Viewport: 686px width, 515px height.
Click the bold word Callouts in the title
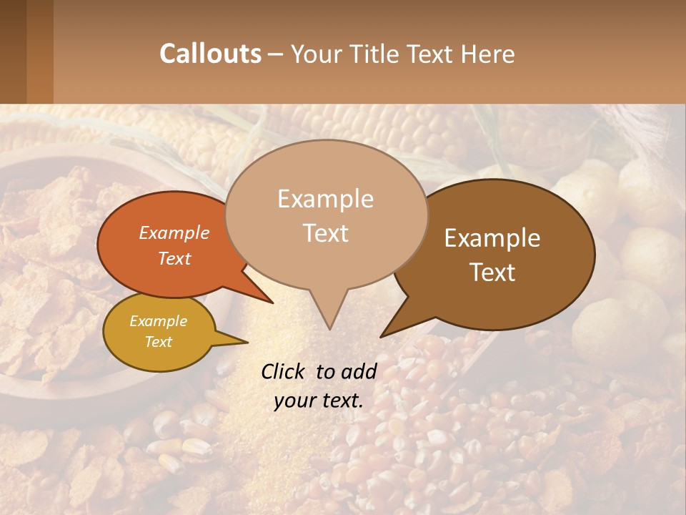click(x=210, y=54)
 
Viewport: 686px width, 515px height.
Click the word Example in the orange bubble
click(x=174, y=232)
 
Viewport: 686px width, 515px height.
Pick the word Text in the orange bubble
click(x=174, y=258)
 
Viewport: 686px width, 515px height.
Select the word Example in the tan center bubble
click(x=325, y=199)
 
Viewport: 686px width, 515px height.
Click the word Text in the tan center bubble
click(x=325, y=233)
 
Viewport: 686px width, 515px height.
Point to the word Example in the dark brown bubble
click(x=492, y=238)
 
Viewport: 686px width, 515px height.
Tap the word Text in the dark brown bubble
click(x=492, y=273)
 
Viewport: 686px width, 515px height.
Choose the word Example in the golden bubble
click(x=158, y=321)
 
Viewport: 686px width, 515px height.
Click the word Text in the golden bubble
click(x=158, y=342)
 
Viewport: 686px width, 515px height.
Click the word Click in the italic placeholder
click(x=284, y=371)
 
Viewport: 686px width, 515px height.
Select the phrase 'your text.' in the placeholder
click(x=319, y=401)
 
